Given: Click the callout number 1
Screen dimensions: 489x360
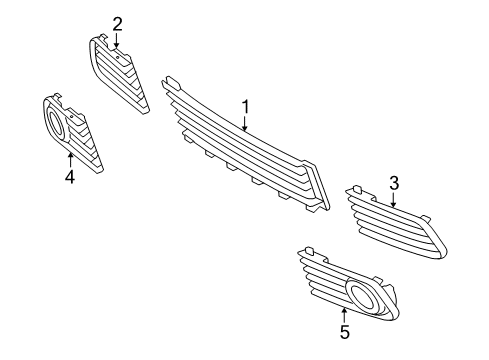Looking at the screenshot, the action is (243, 106).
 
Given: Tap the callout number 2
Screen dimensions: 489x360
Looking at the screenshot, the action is (117, 23).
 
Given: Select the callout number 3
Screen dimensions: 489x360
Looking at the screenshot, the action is (394, 182).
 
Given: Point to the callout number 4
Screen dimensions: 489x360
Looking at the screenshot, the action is (70, 178).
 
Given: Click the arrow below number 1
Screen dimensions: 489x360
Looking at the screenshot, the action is (244, 124).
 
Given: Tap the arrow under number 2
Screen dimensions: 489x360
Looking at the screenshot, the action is (117, 41).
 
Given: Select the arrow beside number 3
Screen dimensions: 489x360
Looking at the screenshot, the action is (392, 198).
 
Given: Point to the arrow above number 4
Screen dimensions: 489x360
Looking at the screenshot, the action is (70, 158).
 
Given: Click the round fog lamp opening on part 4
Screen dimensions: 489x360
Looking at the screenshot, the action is (56, 125).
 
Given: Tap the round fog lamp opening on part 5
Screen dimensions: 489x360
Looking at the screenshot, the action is (363, 296).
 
